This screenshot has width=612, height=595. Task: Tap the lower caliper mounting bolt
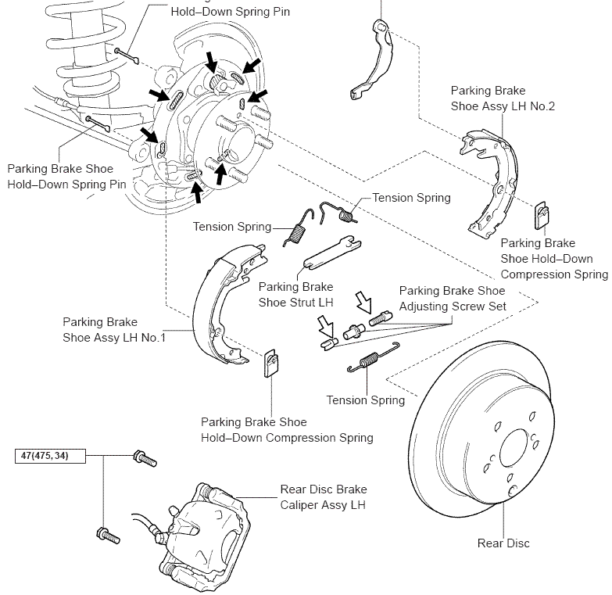click(x=108, y=535)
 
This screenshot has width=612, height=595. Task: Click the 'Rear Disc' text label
click(x=503, y=543)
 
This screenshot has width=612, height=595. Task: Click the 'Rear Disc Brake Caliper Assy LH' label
click(x=323, y=497)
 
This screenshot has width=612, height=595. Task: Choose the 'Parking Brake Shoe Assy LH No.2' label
click(x=503, y=99)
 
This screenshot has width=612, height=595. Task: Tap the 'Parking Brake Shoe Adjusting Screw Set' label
click(x=453, y=299)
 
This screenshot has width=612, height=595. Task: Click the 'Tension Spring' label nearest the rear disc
click(x=366, y=400)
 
